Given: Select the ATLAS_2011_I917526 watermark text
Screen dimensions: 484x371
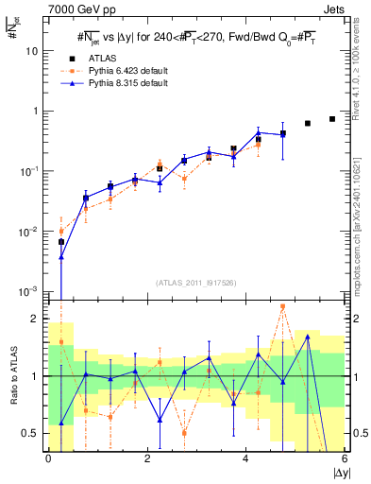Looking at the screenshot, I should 196,282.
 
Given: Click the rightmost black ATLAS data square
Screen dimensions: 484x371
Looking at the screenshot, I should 332,119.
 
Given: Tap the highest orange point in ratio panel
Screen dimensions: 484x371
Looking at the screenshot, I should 283,306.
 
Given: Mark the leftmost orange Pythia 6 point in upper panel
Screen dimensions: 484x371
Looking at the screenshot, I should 61,231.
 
